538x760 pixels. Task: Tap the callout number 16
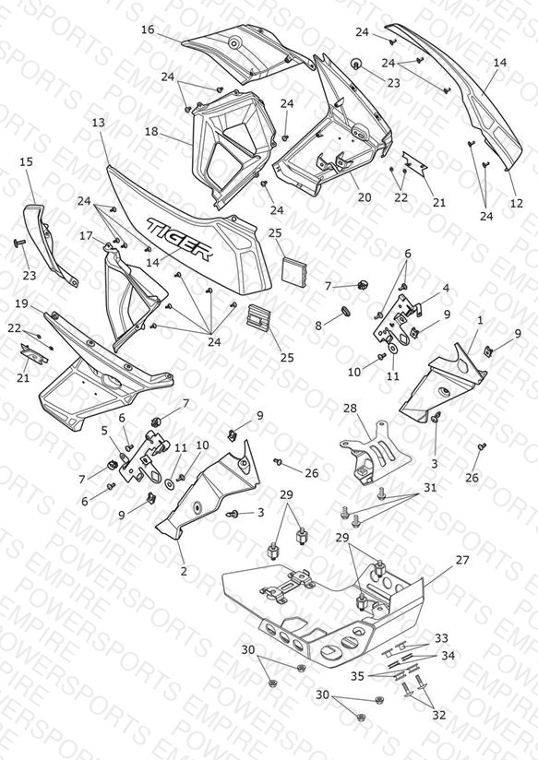click(x=148, y=30)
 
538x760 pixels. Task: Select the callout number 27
click(x=462, y=560)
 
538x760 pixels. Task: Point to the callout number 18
click(x=151, y=131)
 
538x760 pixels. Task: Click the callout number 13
click(x=98, y=123)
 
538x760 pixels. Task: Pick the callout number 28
click(x=351, y=408)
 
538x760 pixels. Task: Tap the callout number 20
click(x=365, y=197)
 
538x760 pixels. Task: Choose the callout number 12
click(x=517, y=203)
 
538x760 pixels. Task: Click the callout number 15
click(x=27, y=161)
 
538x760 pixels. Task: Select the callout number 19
click(x=22, y=303)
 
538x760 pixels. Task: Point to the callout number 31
click(x=430, y=487)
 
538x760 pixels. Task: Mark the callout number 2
click(x=184, y=571)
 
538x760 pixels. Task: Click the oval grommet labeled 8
click(x=344, y=310)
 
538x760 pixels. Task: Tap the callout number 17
click(x=86, y=236)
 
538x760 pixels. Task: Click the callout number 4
click(x=446, y=289)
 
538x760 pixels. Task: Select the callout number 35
click(x=357, y=676)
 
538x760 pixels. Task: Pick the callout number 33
click(x=441, y=638)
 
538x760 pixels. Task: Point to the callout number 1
click(x=480, y=320)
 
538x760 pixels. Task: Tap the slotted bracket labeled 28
click(x=376, y=453)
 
